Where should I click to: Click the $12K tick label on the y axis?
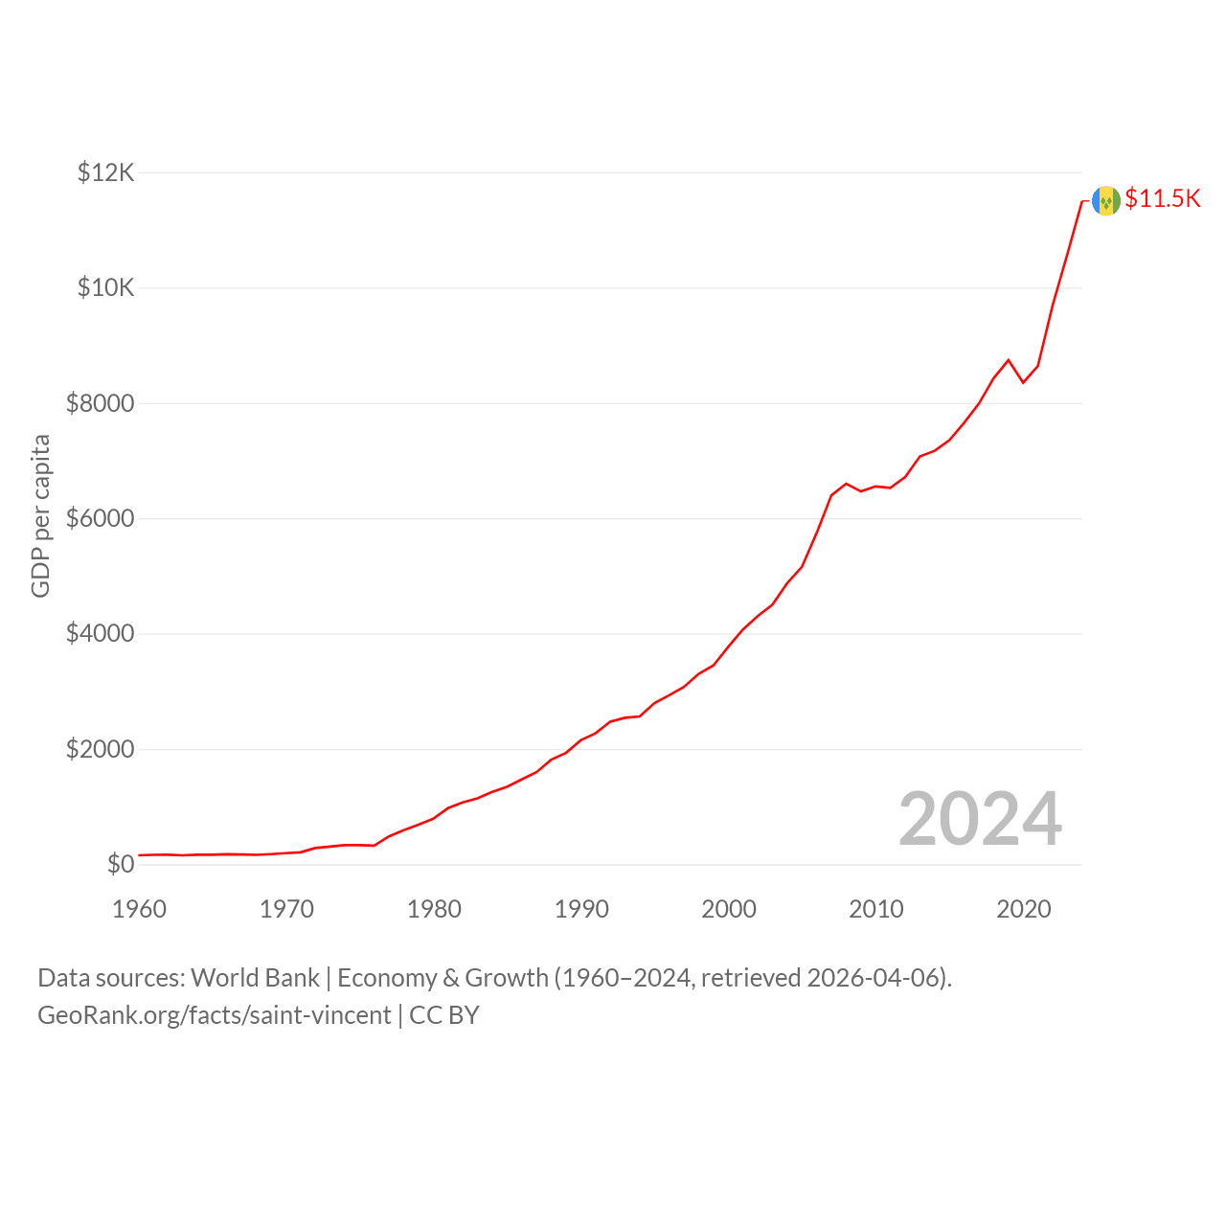click(105, 172)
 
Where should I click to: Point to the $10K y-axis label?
click(105, 287)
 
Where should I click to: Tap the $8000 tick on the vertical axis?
click(100, 403)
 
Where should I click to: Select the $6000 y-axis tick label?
click(100, 518)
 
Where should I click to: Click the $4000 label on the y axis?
click(100, 634)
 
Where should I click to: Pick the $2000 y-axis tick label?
click(100, 749)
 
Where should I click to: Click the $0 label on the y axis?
click(121, 865)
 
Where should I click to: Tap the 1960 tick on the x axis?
click(139, 909)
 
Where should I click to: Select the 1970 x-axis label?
click(287, 909)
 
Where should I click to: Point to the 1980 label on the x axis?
click(435, 909)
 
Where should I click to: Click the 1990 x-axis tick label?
click(581, 909)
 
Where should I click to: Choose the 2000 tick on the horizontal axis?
click(729, 909)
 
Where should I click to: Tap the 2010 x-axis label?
click(876, 909)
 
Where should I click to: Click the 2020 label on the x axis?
click(1024, 909)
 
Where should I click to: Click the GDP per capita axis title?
click(41, 516)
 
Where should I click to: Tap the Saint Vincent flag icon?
click(1106, 201)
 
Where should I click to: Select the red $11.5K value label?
click(1163, 198)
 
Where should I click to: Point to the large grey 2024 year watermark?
click(981, 818)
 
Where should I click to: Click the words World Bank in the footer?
click(255, 978)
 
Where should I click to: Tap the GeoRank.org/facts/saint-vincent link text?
click(215, 1015)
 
